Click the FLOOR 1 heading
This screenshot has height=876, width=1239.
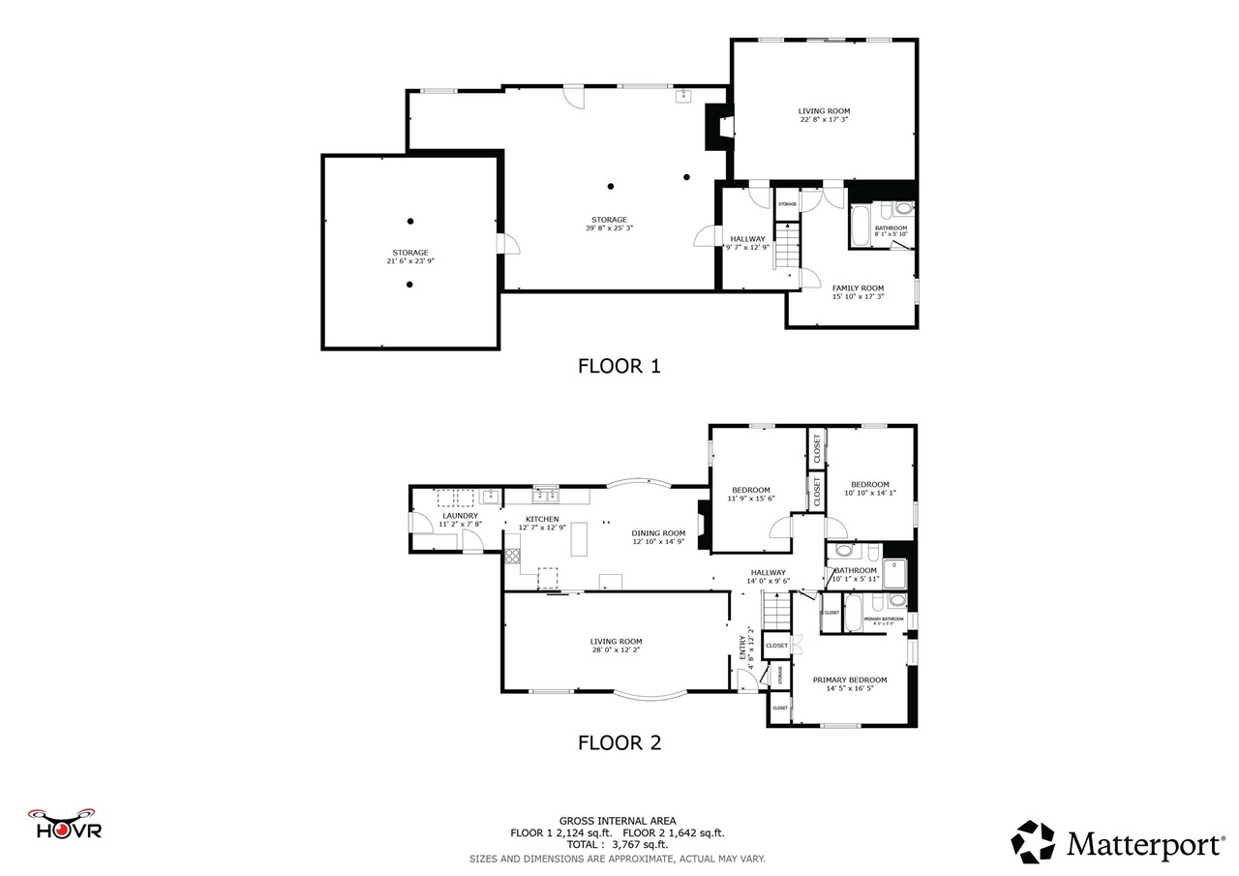coord(619,366)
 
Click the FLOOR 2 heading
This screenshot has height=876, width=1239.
coord(619,742)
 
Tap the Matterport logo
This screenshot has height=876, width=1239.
coord(1118,842)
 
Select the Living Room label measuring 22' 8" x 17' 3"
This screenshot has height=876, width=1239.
coord(824,115)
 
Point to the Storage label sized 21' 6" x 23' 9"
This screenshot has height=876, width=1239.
coord(410,257)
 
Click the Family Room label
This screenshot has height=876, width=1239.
coord(858,291)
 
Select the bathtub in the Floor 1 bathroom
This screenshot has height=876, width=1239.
coord(861,226)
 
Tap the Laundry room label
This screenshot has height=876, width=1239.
coord(460,520)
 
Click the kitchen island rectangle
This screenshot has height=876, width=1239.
coord(579,538)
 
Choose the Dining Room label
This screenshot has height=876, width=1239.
coord(658,537)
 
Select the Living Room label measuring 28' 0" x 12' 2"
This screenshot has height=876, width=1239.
coord(616,645)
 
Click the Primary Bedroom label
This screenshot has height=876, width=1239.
coord(850,683)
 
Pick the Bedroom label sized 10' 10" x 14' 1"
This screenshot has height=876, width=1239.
coord(869,488)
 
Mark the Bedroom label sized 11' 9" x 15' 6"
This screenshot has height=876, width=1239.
coord(750,494)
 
